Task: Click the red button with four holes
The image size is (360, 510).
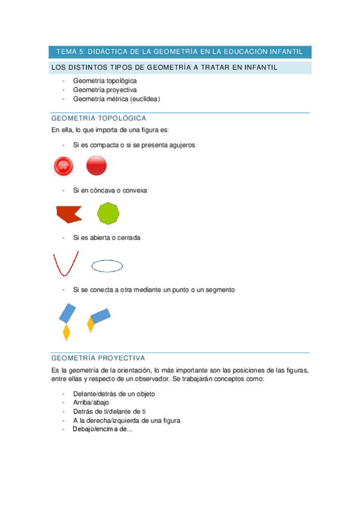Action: click(x=64, y=166)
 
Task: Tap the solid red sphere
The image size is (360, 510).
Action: click(x=96, y=165)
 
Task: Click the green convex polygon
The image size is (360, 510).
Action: click(x=108, y=214)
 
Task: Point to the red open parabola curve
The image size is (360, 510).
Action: click(x=66, y=264)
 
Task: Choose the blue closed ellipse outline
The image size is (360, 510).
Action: click(x=107, y=265)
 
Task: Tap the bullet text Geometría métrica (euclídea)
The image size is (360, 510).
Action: click(x=117, y=99)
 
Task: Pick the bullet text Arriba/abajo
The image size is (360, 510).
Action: click(x=91, y=402)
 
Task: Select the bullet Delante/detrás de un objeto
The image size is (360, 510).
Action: click(x=114, y=393)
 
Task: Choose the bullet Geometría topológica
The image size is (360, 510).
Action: click(x=105, y=81)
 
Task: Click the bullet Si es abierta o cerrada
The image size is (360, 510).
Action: click(x=107, y=238)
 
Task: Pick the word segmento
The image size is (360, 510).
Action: click(x=220, y=289)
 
